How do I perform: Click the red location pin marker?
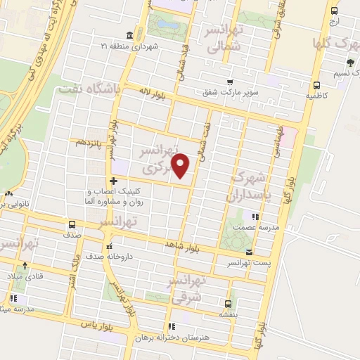click(x=181, y=166)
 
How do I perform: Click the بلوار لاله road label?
click(x=153, y=94)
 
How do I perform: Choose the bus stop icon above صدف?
click(x=72, y=225)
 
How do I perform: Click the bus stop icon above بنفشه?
click(x=227, y=304)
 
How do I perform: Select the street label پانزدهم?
click(x=89, y=142)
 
